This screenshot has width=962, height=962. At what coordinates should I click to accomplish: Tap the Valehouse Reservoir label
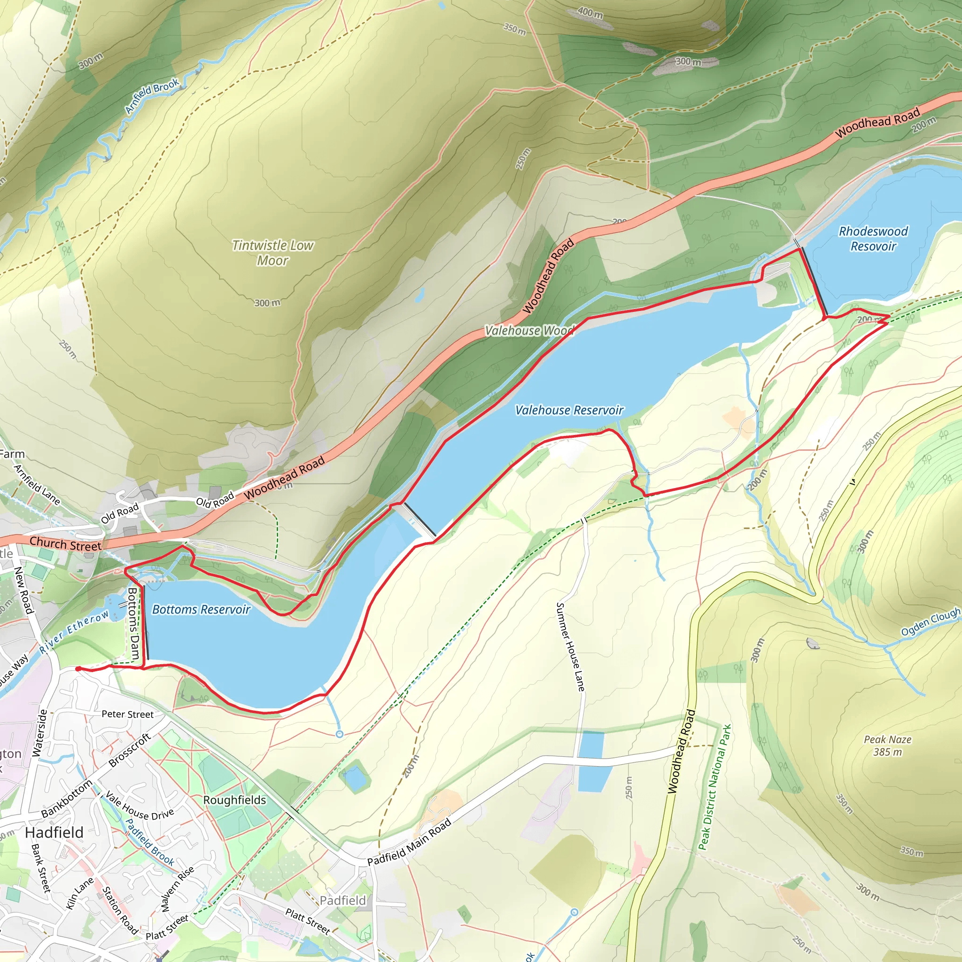pyautogui.click(x=569, y=410)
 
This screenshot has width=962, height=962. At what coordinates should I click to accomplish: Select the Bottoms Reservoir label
pyautogui.click(x=201, y=609)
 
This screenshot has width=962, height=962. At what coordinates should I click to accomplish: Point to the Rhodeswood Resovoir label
pyautogui.click(x=873, y=239)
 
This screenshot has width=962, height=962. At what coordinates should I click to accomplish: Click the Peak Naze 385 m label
pyautogui.click(x=887, y=745)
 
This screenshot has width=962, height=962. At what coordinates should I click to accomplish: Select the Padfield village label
pyautogui.click(x=342, y=900)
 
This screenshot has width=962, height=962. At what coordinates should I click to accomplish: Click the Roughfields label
pyautogui.click(x=234, y=799)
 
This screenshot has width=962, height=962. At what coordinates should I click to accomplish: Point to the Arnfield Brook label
pyautogui.click(x=151, y=96)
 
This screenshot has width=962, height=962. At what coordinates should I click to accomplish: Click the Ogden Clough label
pyautogui.click(x=930, y=621)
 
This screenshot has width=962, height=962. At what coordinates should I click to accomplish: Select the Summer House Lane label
pyautogui.click(x=570, y=647)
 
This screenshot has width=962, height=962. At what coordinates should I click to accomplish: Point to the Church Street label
pyautogui.click(x=65, y=544)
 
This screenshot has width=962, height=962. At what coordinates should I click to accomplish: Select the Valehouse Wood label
pyautogui.click(x=529, y=331)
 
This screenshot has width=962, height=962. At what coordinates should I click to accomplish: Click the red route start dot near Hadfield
pyautogui.click(x=78, y=669)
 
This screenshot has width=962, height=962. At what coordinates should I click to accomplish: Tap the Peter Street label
pyautogui.click(x=127, y=714)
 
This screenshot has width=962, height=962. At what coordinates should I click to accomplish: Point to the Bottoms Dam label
pyautogui.click(x=132, y=624)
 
